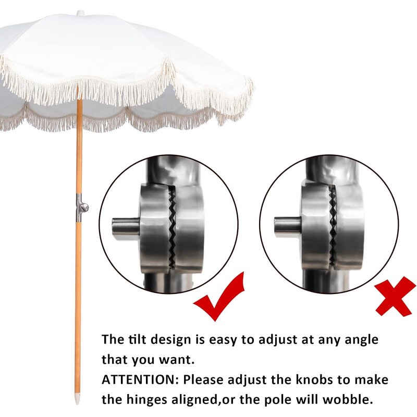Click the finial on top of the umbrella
tap(80, 12)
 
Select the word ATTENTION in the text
tap(139, 379)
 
